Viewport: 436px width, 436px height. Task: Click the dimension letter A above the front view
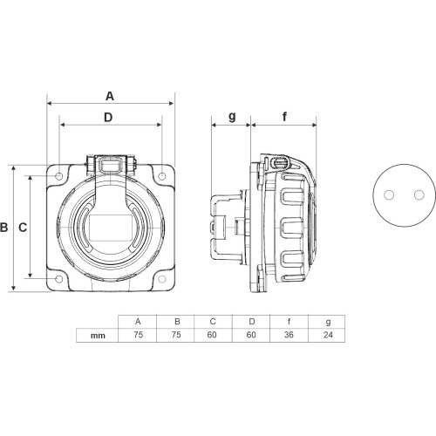point(110,96)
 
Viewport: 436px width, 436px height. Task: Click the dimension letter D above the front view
point(108,118)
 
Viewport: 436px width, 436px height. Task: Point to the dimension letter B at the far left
point(3,227)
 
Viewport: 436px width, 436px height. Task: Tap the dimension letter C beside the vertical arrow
point(23,228)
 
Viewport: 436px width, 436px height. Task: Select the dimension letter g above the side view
point(232,116)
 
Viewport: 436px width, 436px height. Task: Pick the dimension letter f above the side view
point(284,117)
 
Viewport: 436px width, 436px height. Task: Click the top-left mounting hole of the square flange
point(59,176)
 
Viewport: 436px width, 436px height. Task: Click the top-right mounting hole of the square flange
point(162,176)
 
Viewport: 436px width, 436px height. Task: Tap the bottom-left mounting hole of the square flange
point(59,279)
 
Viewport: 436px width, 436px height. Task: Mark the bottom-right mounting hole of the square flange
point(162,279)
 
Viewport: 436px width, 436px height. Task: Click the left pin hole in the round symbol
point(389,194)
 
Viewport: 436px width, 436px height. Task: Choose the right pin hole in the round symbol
point(419,194)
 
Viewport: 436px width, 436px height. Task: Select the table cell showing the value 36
point(289,335)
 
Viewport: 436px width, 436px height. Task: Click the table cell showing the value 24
point(327,335)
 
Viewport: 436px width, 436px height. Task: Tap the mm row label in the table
point(98,336)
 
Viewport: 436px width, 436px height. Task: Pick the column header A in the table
point(138,322)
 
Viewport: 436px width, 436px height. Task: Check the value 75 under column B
point(176,335)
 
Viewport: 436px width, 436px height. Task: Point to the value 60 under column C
point(212,335)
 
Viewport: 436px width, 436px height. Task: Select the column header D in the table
point(252,322)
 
